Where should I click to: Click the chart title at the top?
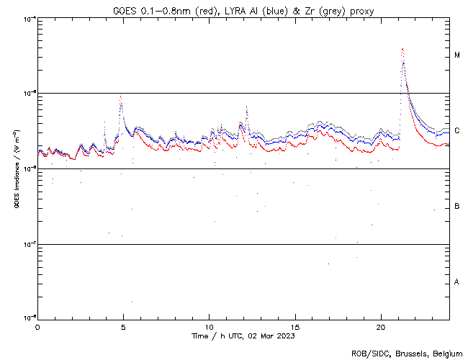[243, 11]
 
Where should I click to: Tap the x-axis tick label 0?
[37, 327]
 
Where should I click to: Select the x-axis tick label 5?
[123, 327]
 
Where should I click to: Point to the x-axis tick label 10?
[209, 327]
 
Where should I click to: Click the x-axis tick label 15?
[295, 327]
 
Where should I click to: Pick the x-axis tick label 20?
[381, 327]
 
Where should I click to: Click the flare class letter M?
[457, 55]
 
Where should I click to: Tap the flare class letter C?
[457, 131]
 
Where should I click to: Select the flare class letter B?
[457, 207]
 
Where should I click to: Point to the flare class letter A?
[457, 282]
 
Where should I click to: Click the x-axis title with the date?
[243, 336]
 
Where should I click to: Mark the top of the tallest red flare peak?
[402, 49]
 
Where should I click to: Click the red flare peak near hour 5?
[121, 96]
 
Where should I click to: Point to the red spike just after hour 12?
[246, 107]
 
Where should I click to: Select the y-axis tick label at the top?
[29, 19]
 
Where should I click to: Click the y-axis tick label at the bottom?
[29, 318]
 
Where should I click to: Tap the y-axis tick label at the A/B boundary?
[29, 243]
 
